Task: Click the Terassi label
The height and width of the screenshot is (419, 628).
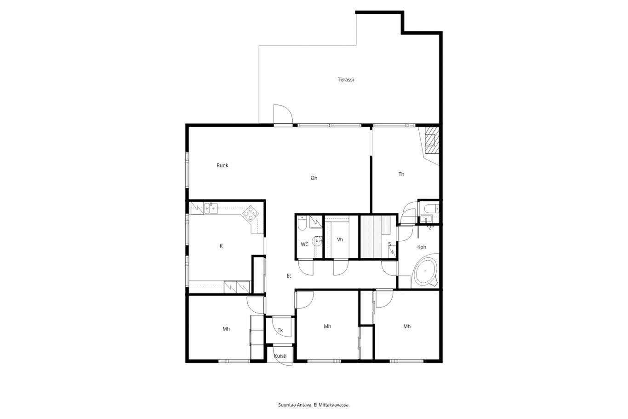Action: [x=345, y=80]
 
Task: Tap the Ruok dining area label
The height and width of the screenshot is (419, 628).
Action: [x=223, y=165]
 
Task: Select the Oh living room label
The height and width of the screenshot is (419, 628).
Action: [x=314, y=178]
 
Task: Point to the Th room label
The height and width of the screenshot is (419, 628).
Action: [x=401, y=174]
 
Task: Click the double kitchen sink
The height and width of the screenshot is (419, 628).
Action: [x=211, y=208]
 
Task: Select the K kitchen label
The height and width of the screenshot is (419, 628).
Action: [x=221, y=246]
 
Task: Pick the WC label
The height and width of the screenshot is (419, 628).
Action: [x=304, y=244]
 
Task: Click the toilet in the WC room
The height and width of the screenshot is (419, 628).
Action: [x=302, y=223]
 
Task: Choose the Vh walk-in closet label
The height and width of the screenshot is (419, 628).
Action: [x=340, y=239]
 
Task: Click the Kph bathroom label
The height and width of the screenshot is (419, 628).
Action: [x=422, y=247]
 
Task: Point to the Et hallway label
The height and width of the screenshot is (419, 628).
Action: [x=289, y=276]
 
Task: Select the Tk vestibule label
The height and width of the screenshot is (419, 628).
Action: [x=280, y=331]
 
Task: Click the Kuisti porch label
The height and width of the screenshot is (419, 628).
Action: [x=280, y=356]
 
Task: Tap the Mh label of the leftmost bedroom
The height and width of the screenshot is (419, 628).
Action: [x=226, y=329]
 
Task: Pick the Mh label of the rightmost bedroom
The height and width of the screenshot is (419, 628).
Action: [x=407, y=326]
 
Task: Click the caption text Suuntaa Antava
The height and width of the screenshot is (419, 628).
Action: [x=295, y=405]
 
